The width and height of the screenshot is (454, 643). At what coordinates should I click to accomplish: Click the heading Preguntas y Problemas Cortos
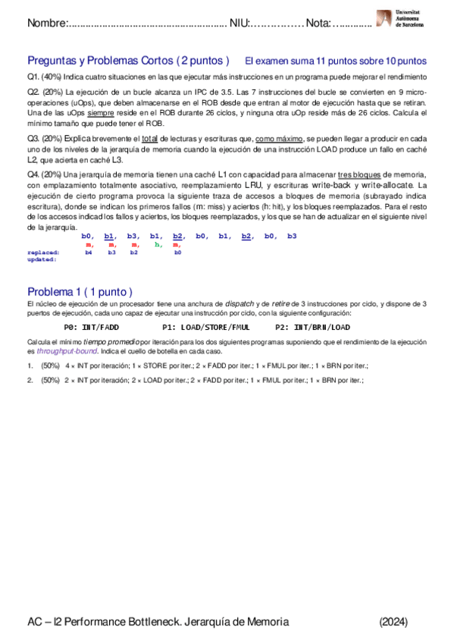click(128, 61)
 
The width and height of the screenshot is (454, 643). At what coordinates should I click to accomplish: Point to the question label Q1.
click(33, 77)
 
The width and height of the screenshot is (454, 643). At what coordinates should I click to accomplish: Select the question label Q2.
click(33, 92)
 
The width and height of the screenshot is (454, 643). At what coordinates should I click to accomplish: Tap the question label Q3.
click(33, 139)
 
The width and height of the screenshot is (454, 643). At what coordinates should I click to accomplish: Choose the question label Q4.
click(33, 174)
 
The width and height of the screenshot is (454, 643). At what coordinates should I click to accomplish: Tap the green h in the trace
click(158, 245)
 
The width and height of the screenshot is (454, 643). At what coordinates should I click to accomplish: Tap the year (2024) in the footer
click(393, 621)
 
